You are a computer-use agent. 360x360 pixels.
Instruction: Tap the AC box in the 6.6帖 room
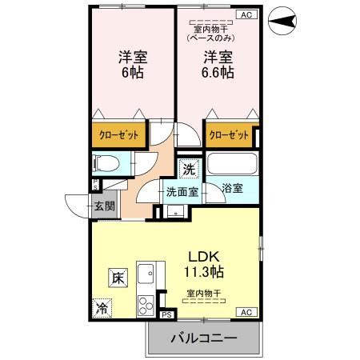[x=246, y=14]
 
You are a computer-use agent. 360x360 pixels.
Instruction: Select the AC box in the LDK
[x=246, y=312]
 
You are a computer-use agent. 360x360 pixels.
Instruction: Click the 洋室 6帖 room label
[x=132, y=65]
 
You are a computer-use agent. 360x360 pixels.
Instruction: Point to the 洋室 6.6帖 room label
[x=217, y=65]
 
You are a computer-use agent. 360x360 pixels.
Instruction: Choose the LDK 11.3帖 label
[x=206, y=263]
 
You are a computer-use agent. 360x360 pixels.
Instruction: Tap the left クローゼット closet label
[x=118, y=135]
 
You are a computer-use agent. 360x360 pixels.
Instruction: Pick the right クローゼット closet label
[x=230, y=135]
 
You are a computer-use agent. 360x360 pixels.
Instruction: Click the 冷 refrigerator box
[x=102, y=307]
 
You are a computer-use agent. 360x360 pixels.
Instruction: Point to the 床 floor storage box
[x=116, y=279]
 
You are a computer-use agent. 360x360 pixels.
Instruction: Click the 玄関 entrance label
[x=105, y=206]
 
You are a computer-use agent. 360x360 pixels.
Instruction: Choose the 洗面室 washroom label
[x=181, y=192]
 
